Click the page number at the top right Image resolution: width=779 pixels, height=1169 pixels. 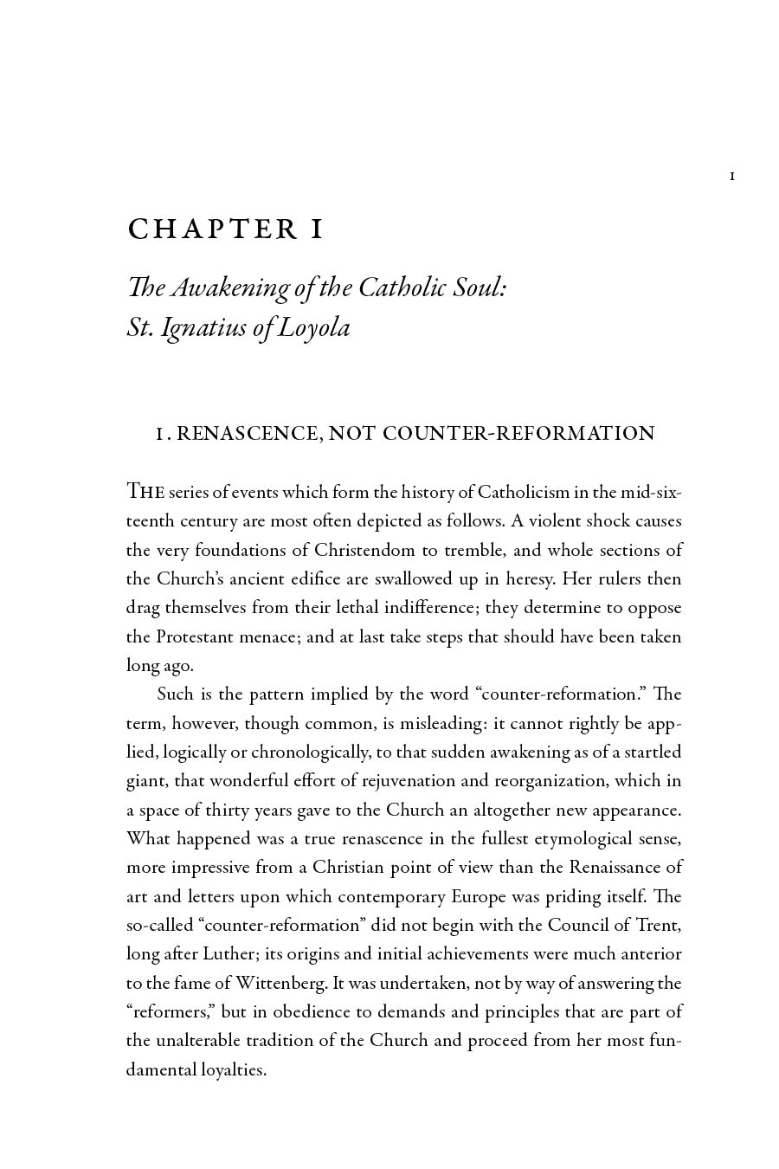coord(732,177)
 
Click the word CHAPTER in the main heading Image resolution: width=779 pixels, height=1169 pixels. coord(212,229)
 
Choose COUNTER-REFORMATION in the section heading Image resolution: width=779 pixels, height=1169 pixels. coord(518,434)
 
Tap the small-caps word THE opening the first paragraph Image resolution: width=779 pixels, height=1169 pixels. coord(145,492)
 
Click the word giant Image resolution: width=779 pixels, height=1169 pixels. coord(145,781)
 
